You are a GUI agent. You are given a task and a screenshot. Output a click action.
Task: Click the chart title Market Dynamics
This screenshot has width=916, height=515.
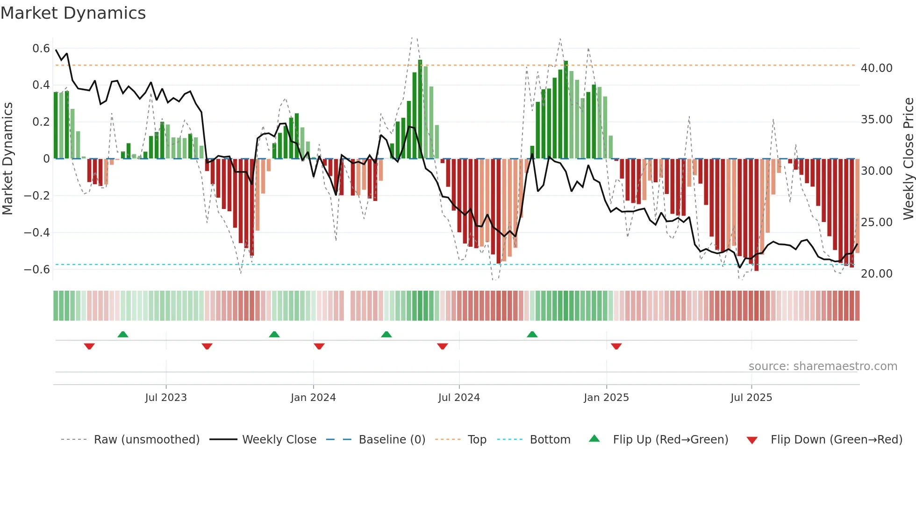coord(73,13)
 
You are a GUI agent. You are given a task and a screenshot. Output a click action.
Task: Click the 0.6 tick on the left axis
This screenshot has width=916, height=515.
coord(41,49)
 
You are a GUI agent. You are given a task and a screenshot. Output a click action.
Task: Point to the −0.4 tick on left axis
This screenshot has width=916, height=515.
coord(37,232)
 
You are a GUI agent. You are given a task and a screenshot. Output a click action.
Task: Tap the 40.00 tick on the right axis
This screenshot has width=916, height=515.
coord(876,68)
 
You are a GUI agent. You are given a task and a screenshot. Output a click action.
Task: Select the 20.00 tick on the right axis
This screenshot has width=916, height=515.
coord(876,274)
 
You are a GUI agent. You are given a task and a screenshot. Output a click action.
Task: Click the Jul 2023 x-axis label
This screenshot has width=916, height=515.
coord(166,398)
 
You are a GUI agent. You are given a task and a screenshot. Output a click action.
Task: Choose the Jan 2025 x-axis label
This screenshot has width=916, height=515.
coord(606,398)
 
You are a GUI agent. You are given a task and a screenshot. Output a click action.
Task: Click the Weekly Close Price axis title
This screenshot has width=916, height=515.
coord(908,158)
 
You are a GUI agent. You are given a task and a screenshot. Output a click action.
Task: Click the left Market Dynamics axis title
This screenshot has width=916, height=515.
coord(8,158)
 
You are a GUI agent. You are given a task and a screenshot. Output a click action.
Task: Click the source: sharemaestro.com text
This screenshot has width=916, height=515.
coord(823,366)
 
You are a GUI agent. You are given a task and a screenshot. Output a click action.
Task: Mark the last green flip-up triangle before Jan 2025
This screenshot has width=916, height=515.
coord(532,334)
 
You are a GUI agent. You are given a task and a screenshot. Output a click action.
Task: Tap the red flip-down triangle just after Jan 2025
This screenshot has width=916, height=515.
coord(616,346)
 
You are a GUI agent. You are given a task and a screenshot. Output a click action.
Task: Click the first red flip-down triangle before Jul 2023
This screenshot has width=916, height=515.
coord(89,346)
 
